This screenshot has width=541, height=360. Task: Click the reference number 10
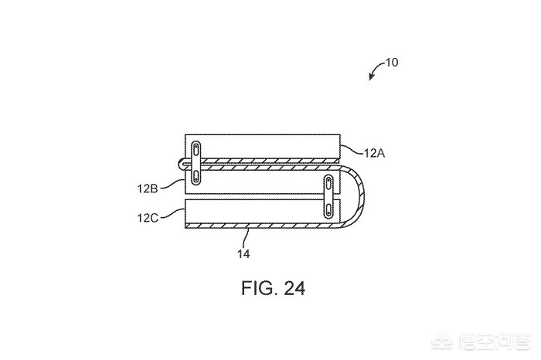391,63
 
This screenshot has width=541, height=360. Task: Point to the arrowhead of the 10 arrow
370,77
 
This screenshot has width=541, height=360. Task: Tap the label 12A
374,153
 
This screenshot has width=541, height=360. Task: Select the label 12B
148,188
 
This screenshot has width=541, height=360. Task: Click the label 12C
148,218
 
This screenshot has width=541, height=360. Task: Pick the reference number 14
243,254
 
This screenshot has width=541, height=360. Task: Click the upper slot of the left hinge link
196,149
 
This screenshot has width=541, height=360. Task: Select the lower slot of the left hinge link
196,177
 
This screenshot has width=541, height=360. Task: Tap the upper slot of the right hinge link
328,182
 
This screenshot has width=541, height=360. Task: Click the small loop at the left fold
182,163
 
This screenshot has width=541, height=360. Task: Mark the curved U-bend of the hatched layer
360,196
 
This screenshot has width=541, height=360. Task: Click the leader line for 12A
352,150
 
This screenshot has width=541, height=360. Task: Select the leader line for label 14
247,238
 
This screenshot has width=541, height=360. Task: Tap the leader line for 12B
172,184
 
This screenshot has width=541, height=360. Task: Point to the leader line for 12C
172,213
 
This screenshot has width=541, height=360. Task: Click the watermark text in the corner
494,342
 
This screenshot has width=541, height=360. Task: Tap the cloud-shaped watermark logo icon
444,342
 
